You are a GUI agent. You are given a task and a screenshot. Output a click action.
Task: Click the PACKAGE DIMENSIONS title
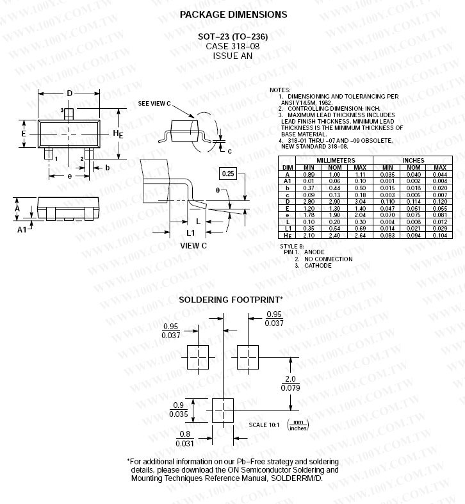pos(234,15)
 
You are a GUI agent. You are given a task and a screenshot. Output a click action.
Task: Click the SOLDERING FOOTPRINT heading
pos(229,300)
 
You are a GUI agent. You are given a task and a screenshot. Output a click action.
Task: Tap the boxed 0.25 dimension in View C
pos(227,174)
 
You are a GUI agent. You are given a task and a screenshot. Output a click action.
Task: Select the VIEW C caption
pos(193,245)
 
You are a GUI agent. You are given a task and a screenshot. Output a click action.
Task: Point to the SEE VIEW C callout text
pos(154,104)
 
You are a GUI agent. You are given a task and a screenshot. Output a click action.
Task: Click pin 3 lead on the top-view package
pos(69,114)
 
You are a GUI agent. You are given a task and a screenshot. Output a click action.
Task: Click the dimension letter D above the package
pos(69,93)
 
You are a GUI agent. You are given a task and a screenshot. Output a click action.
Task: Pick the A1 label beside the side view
pos(22,229)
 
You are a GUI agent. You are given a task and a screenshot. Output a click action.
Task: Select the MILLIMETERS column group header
pos(336,160)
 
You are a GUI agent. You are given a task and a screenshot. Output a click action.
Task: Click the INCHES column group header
pos(414,160)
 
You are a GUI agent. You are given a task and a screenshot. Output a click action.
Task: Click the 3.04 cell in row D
pos(360,202)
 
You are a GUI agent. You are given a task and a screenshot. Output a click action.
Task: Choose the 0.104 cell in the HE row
pos(439,235)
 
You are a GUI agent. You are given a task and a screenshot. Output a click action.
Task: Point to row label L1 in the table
pos(288,229)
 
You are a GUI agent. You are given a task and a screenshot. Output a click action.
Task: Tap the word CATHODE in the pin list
pos(318,266)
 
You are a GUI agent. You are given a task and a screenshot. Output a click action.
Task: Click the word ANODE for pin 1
pos(314,252)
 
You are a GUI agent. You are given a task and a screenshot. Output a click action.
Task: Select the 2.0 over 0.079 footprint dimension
pos(290,383)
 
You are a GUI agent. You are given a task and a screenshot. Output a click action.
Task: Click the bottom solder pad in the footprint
pos(223,411)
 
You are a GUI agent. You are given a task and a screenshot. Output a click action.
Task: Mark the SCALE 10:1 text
pos(264,425)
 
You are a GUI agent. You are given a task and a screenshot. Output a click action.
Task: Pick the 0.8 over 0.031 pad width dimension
pos(184,439)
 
